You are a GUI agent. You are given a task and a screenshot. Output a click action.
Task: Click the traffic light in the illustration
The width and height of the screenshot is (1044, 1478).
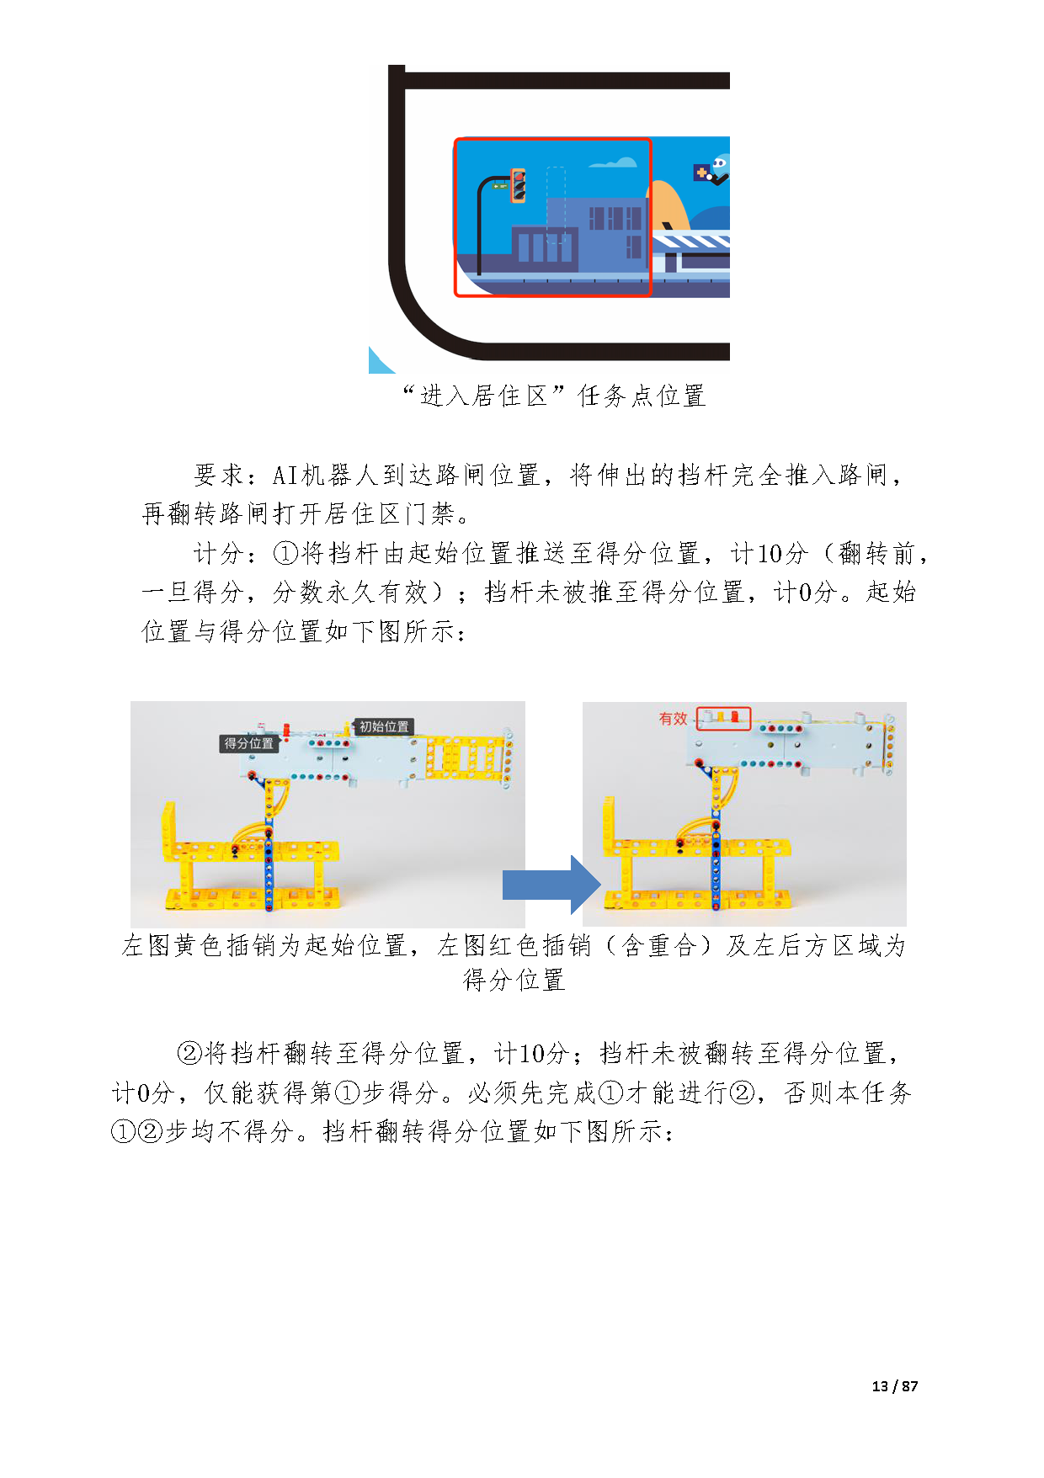click(518, 186)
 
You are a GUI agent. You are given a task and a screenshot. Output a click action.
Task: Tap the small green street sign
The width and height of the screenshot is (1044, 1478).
click(500, 185)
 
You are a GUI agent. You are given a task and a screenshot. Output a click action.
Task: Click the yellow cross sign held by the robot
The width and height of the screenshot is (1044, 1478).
click(700, 173)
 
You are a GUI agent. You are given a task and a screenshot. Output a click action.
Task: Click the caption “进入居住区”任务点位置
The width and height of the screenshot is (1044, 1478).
click(554, 396)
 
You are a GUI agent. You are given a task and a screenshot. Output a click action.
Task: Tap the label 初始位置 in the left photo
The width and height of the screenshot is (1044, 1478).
click(384, 726)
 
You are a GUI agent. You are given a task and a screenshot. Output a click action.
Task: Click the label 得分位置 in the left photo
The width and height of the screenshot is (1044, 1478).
click(248, 743)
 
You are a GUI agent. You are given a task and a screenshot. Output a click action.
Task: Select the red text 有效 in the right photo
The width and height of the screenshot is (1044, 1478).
click(673, 719)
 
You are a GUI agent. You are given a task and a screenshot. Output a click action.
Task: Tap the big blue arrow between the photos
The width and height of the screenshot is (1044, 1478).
click(551, 885)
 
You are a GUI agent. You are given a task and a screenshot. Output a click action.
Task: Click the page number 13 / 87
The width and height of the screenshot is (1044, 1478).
click(895, 1386)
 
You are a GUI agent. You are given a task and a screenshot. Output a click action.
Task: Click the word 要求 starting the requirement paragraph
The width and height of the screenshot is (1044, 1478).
click(219, 475)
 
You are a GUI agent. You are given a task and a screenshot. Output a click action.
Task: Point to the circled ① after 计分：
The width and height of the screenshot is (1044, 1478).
click(286, 553)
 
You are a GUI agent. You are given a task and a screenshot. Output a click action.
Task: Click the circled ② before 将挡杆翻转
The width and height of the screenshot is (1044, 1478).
click(190, 1053)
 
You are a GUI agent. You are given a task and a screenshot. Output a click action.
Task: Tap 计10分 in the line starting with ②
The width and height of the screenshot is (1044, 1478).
click(531, 1053)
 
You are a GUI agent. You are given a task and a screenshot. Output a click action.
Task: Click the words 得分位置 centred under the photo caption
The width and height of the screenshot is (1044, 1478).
click(514, 980)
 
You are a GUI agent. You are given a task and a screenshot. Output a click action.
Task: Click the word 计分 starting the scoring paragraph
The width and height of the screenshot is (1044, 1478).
click(219, 553)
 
